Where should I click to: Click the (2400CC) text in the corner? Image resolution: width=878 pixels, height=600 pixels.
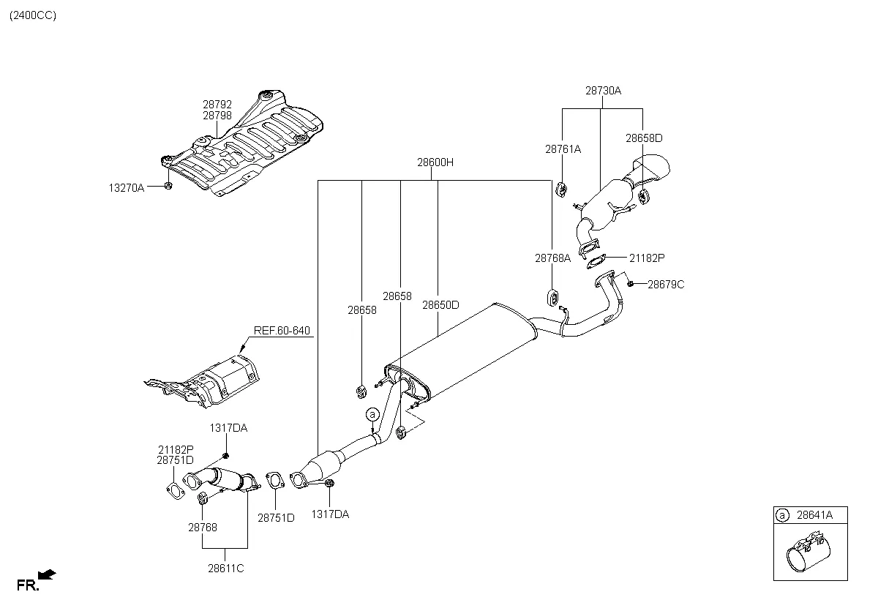[x=32, y=15]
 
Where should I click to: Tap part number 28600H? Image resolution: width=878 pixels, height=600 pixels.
[x=435, y=162]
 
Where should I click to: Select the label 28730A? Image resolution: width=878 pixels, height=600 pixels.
[x=603, y=91]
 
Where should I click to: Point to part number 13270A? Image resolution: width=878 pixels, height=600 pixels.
[x=127, y=188]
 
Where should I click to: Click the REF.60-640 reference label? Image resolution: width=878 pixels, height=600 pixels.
[x=282, y=331]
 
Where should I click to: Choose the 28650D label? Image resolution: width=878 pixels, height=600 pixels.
[x=440, y=305]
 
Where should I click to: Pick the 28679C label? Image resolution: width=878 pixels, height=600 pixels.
[x=666, y=284]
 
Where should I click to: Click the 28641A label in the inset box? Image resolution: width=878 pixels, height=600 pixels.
[x=814, y=516]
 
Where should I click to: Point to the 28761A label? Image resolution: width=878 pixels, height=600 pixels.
[x=563, y=149]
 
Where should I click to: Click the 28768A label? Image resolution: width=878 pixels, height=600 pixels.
[x=552, y=258]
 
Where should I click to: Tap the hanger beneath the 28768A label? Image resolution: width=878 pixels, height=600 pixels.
[x=553, y=298]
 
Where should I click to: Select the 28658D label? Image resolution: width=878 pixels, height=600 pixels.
[x=644, y=138]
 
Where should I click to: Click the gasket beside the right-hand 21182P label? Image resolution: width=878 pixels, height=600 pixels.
[x=598, y=258]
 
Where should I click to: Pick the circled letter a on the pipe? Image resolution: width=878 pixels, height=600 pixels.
[x=372, y=415]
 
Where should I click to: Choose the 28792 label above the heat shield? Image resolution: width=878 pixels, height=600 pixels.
[x=217, y=105]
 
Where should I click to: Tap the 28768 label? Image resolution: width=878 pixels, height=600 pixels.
[x=202, y=526]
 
